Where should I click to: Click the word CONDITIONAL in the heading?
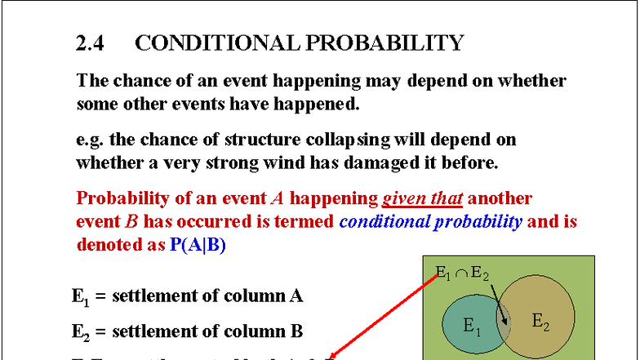tap(202, 43)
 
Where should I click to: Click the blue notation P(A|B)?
tap(198, 244)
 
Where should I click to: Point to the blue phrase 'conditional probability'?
tap(430, 221)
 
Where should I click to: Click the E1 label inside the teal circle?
tap(471, 326)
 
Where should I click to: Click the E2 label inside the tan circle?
tap(540, 321)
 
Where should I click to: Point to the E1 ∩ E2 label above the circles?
tap(462, 273)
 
